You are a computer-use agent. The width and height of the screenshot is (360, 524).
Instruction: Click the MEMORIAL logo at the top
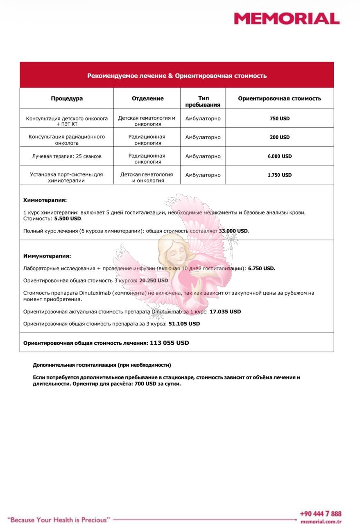click(x=286, y=18)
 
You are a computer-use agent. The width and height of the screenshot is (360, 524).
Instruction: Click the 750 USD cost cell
click(x=279, y=118)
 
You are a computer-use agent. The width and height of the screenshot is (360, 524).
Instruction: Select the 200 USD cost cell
click(x=279, y=137)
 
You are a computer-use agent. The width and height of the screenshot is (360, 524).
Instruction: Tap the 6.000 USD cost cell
click(x=279, y=156)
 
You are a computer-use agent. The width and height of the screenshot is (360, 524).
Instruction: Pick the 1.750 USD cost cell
click(x=279, y=175)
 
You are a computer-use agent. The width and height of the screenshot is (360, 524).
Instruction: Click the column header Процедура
click(x=67, y=98)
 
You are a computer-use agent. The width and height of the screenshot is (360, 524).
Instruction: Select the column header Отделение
click(x=147, y=98)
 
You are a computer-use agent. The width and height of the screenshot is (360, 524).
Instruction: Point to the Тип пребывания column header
click(x=203, y=101)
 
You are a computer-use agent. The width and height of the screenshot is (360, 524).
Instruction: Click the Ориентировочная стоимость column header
click(x=279, y=98)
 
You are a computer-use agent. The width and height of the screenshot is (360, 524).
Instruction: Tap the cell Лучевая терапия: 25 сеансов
click(x=67, y=156)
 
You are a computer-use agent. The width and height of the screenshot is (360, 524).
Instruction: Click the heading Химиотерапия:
click(x=45, y=200)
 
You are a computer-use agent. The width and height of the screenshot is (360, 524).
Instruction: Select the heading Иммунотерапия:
click(x=47, y=256)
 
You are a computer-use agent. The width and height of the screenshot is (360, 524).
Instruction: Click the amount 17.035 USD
click(x=225, y=312)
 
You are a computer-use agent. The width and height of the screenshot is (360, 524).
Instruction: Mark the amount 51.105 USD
click(x=184, y=323)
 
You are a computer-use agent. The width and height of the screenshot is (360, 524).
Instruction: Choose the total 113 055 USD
click(x=170, y=343)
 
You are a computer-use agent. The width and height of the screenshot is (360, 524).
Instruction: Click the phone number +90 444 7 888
click(x=320, y=514)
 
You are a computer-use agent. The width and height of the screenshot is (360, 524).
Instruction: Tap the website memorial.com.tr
click(x=321, y=522)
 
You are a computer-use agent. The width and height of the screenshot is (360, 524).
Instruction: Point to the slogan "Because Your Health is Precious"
click(x=59, y=520)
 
